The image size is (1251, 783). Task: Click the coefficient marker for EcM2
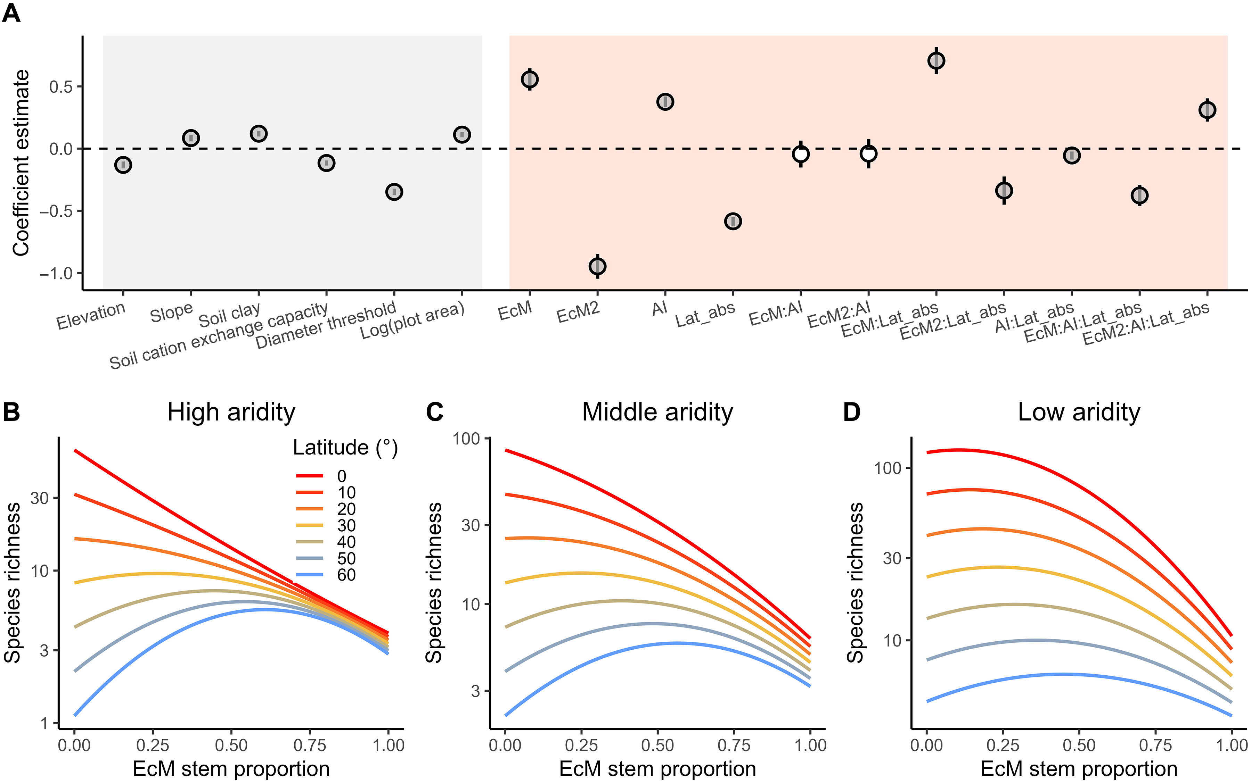click(x=597, y=266)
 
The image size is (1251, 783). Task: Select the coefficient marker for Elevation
click(x=123, y=165)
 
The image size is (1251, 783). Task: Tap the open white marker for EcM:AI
click(x=801, y=154)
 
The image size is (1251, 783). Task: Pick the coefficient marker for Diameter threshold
click(x=394, y=192)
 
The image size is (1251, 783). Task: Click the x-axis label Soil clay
click(x=230, y=314)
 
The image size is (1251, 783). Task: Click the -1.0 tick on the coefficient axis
click(x=57, y=273)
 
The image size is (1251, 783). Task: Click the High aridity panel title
click(x=231, y=413)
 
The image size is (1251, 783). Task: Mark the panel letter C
click(x=434, y=413)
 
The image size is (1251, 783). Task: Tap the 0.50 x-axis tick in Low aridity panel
click(x=1079, y=745)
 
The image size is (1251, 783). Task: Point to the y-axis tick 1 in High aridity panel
click(x=46, y=723)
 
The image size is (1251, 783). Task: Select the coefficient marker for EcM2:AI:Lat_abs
click(x=1207, y=110)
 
